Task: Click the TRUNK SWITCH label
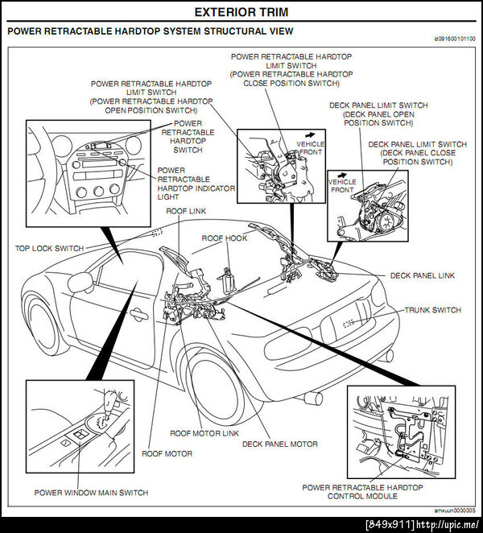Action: pyautogui.click(x=432, y=310)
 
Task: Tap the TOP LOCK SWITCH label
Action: pyautogui.click(x=49, y=249)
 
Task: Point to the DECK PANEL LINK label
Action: pyautogui.click(x=423, y=275)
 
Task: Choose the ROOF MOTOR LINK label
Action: pyautogui.click(x=208, y=433)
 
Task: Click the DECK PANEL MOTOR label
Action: pyautogui.click(x=279, y=444)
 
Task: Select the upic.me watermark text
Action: pyautogui.click(x=423, y=525)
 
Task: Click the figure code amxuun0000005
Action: pyautogui.click(x=455, y=510)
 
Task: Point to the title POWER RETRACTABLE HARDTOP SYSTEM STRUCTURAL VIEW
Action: pyautogui.click(x=150, y=31)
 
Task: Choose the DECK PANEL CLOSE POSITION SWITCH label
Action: pyautogui.click(x=417, y=153)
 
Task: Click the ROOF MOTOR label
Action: pyautogui.click(x=167, y=454)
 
